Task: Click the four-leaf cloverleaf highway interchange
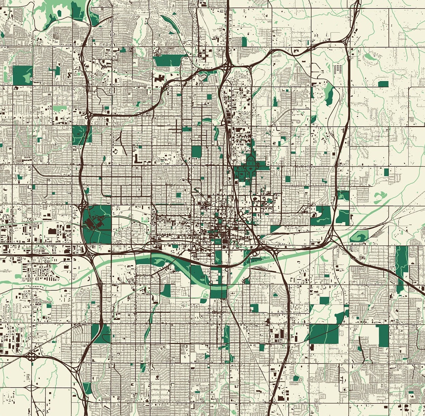(32, 358)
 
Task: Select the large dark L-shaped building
(137, 159)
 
